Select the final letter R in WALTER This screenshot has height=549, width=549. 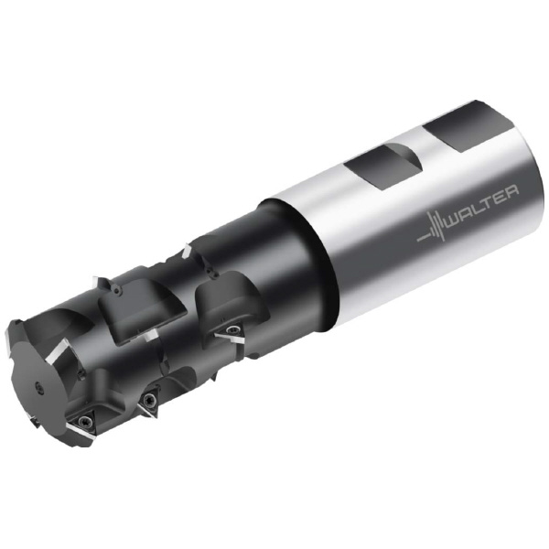coord(512,193)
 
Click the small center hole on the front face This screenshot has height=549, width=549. coord(38,386)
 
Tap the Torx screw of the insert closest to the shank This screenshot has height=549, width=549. coord(231,328)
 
